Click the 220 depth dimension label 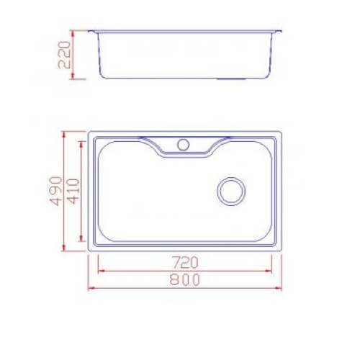click(64, 55)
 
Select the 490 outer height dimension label click(55, 191)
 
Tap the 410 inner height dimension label click(73, 192)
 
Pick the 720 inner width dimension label click(186, 262)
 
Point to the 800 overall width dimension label click(184, 279)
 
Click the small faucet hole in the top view click(184, 145)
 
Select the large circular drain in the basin click(231, 192)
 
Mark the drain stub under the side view click(231, 78)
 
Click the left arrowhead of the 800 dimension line click(91, 288)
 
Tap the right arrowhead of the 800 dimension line click(278, 288)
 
